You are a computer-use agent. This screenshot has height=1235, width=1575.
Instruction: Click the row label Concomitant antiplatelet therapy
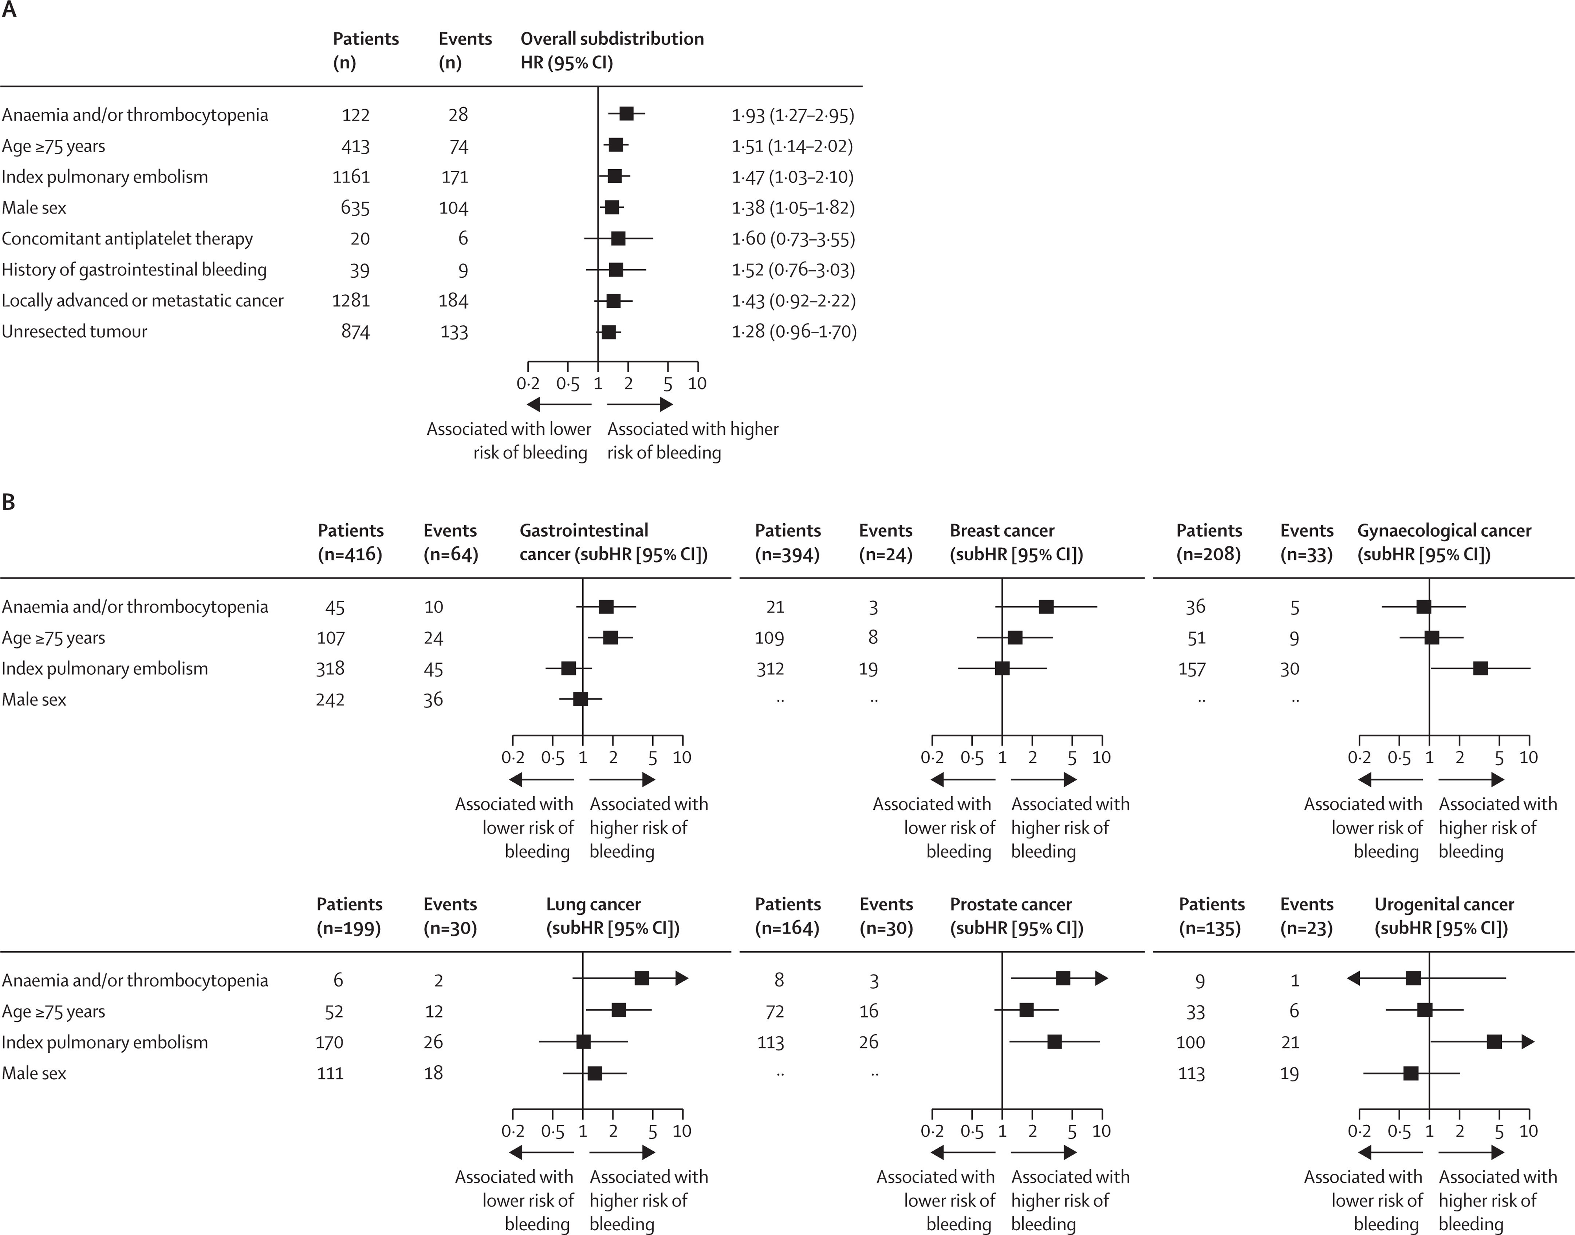coord(127,239)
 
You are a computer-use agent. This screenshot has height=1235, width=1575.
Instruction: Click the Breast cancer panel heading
coord(1016,542)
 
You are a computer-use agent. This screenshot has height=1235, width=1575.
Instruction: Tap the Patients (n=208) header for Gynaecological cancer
coord(1209,542)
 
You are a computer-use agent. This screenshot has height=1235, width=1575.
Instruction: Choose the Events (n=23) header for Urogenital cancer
coord(1307,916)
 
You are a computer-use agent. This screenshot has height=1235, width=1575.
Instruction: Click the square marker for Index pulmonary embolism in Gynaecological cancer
coord(1480,668)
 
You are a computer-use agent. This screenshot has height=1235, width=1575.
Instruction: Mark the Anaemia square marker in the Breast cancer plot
coord(1046,607)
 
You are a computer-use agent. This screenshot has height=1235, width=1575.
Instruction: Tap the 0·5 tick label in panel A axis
coord(568,384)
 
